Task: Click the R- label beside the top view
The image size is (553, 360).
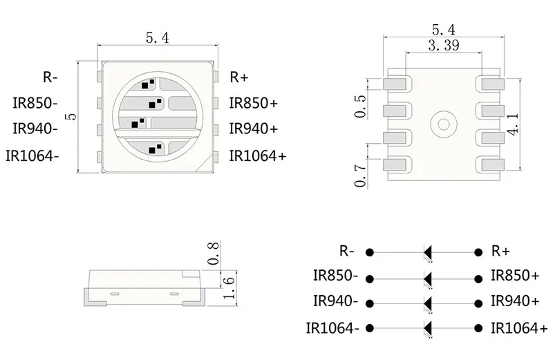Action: pyautogui.click(x=50, y=77)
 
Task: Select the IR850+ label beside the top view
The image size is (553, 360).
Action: pyautogui.click(x=253, y=103)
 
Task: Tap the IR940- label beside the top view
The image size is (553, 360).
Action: pyautogui.click(x=35, y=129)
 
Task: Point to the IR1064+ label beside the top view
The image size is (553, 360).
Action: pyautogui.click(x=257, y=155)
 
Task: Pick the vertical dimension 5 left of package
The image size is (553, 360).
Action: pyautogui.click(x=69, y=116)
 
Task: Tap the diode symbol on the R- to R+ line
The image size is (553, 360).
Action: pyautogui.click(x=428, y=252)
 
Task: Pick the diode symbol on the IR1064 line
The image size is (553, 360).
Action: pyautogui.click(x=428, y=328)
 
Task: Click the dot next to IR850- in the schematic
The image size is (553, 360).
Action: pyautogui.click(x=371, y=278)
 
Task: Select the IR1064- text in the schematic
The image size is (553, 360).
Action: pyautogui.click(x=332, y=328)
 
